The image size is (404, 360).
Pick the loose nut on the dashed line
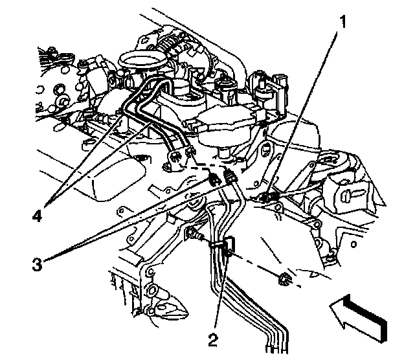(x=282, y=280)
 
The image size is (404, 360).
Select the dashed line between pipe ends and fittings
(x=201, y=164)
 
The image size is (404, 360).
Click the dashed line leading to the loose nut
(x=259, y=265)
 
